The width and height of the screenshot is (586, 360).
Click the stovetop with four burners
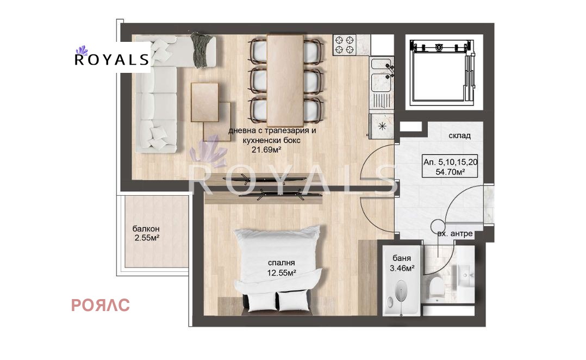(x=344, y=45)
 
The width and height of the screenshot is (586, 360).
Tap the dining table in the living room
(x=285, y=80)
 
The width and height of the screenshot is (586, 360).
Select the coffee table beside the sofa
(x=205, y=102)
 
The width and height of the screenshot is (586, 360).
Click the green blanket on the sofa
(x=202, y=50)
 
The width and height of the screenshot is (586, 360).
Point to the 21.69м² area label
(x=266, y=150)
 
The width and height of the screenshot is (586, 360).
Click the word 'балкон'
(x=146, y=229)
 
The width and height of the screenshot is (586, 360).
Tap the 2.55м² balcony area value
(x=147, y=238)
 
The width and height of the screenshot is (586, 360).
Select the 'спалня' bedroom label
(x=282, y=263)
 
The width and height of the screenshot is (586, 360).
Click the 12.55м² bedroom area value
(x=282, y=273)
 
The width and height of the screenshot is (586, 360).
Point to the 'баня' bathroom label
(x=402, y=258)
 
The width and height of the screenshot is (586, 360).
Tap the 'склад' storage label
(x=460, y=136)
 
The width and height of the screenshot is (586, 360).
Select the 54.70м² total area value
(x=450, y=172)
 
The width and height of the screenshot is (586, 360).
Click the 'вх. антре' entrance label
(x=455, y=234)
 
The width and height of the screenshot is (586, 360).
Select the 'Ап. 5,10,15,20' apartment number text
(x=450, y=162)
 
